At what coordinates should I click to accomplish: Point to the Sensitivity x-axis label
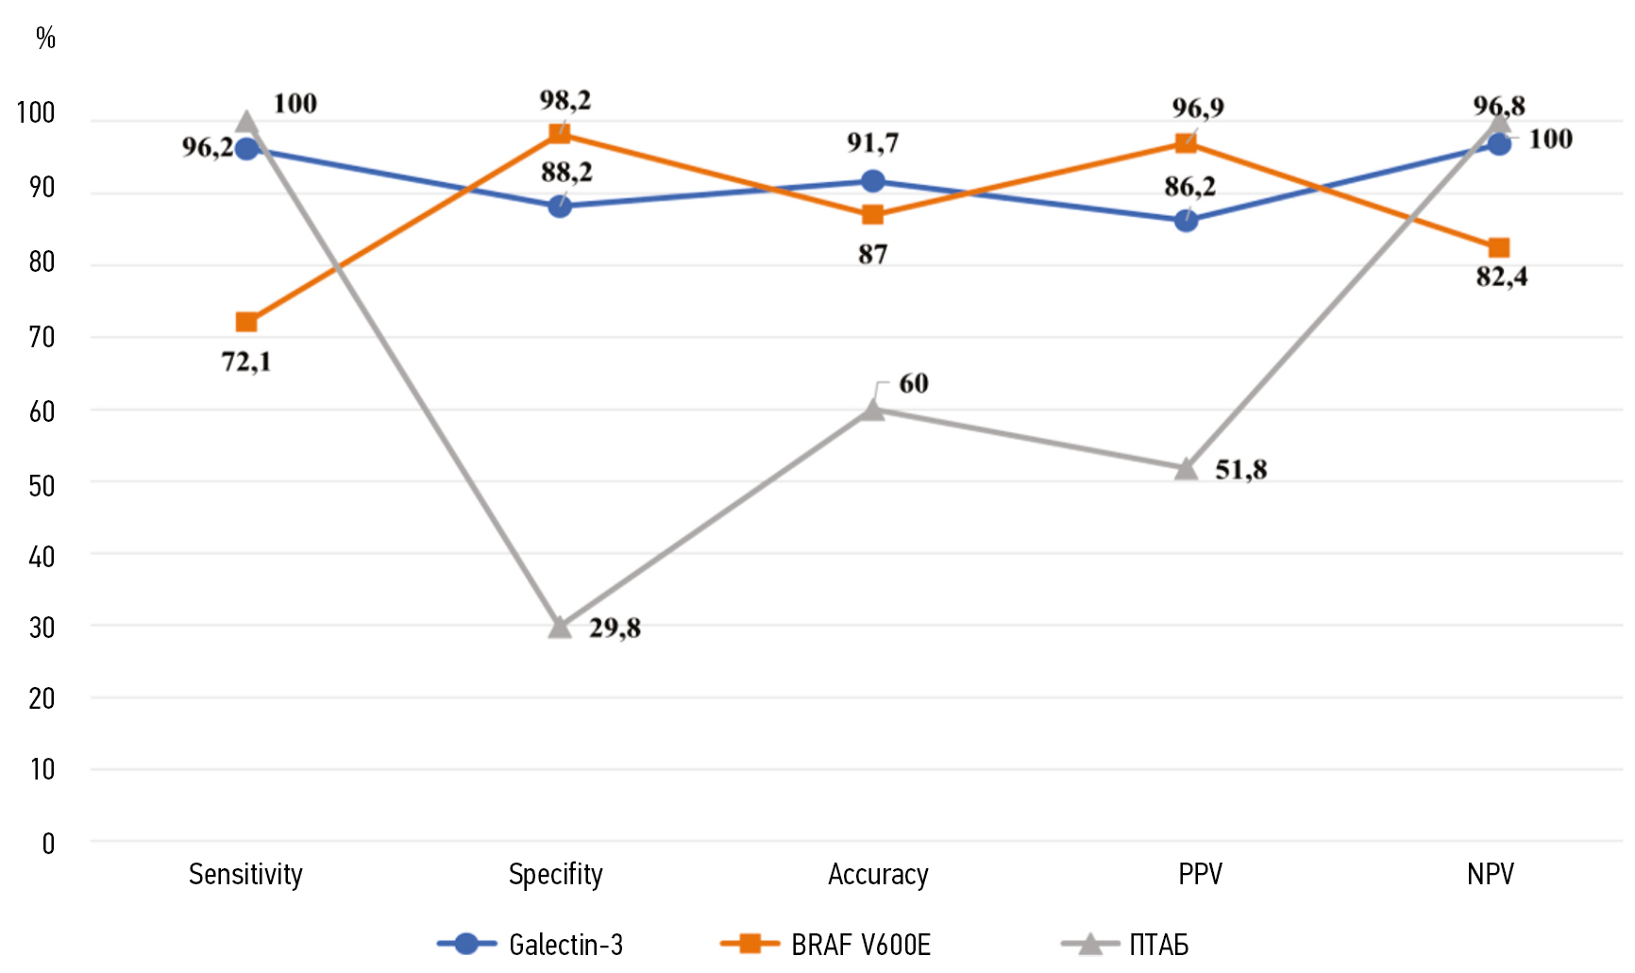[x=245, y=875]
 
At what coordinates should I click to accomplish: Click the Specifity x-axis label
[x=555, y=875]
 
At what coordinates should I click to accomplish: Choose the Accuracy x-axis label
[x=878, y=875]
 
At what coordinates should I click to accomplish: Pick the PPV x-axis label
[x=1200, y=875]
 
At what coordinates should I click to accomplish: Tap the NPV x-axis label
[x=1490, y=875]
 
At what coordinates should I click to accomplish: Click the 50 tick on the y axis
[x=42, y=486]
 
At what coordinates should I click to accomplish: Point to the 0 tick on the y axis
[x=48, y=844]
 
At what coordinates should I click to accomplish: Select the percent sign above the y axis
[x=45, y=38]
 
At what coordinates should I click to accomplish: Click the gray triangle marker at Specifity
[x=560, y=628]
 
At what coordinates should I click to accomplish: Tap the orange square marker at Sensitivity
[x=246, y=323]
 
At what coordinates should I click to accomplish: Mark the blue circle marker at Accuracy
[x=873, y=181]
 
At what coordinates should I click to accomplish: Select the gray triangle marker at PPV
[x=1187, y=469]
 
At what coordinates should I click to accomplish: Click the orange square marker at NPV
[x=1499, y=248]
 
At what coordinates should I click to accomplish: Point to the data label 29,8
[x=615, y=628]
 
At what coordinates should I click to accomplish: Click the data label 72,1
[x=246, y=361]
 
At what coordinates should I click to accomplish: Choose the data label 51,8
[x=1240, y=469]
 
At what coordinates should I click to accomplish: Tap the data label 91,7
[x=872, y=143]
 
